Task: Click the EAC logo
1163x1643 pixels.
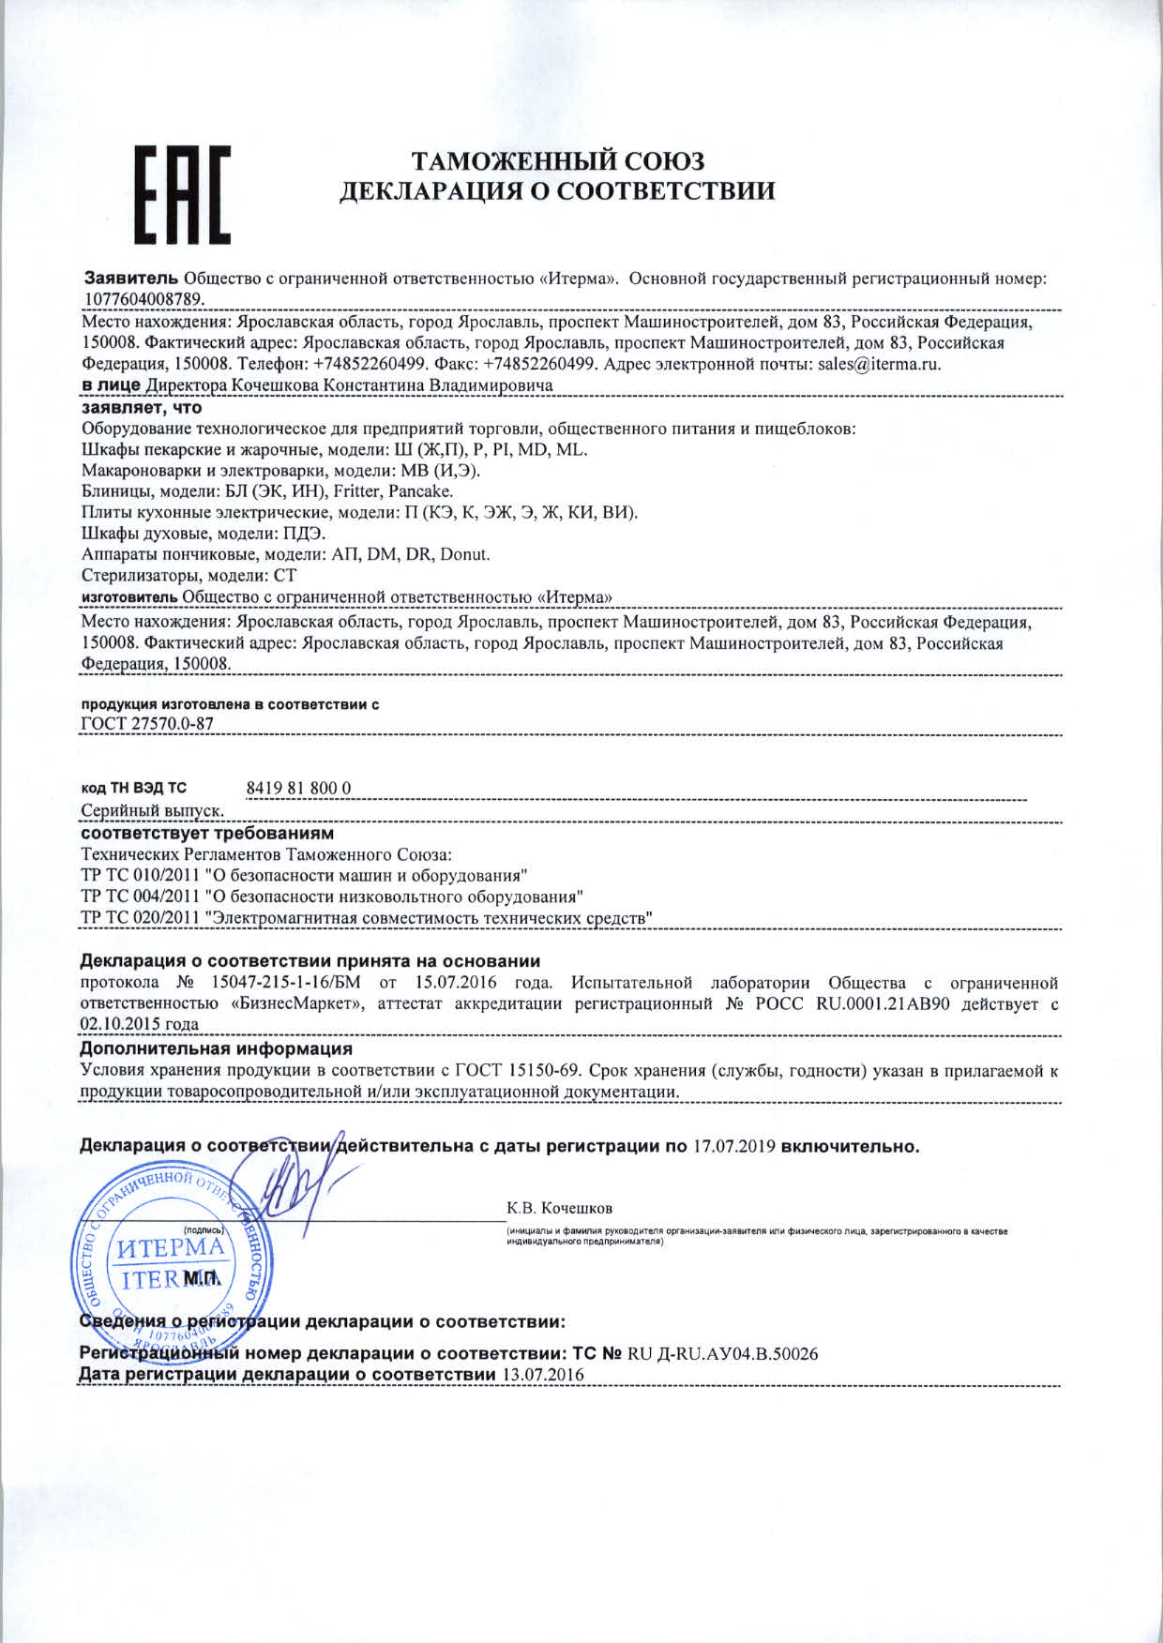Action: pyautogui.click(x=184, y=194)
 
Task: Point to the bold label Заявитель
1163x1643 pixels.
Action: pyautogui.click(x=131, y=279)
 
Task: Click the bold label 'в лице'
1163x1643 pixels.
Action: pyautogui.click(x=112, y=384)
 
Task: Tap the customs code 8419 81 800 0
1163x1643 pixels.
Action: pyautogui.click(x=298, y=788)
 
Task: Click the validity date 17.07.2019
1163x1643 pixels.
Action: pyautogui.click(x=733, y=1147)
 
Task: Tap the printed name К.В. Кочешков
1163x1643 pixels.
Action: pyautogui.click(x=560, y=1208)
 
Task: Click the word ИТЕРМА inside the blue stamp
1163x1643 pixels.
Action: pyautogui.click(x=170, y=1248)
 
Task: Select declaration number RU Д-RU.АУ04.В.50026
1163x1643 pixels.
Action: pyautogui.click(x=723, y=1353)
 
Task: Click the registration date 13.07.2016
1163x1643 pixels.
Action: pyautogui.click(x=543, y=1375)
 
